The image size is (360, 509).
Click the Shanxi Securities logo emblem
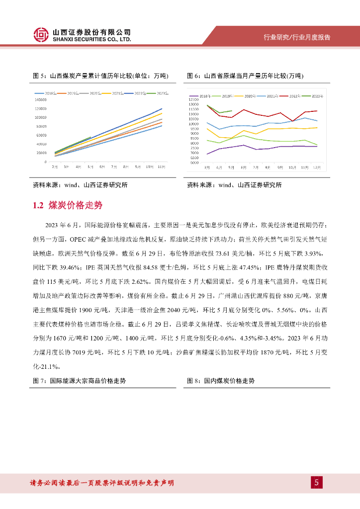click(41, 34)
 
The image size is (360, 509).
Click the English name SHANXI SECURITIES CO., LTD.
click(92, 39)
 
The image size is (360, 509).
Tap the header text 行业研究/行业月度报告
click(296, 37)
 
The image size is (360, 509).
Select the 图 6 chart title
click(245, 76)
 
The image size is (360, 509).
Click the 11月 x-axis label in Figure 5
click(161, 168)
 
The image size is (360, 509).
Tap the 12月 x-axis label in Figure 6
click(316, 168)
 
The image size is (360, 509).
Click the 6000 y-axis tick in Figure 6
click(194, 162)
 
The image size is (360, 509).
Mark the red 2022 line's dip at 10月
click(292, 120)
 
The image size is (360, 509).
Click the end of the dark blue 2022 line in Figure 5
click(162, 108)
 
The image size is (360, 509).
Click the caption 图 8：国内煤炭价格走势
click(221, 381)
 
